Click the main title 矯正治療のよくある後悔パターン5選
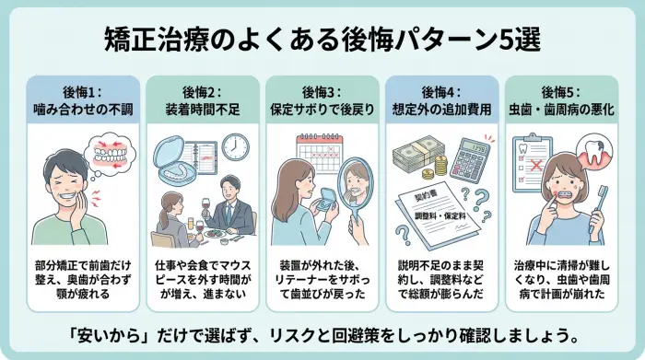tap(322, 41)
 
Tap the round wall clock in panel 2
tap(236, 145)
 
